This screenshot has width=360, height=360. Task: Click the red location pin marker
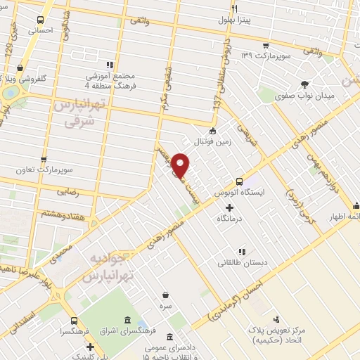(x=180, y=165)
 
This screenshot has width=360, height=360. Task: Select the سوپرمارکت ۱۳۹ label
(x=265, y=55)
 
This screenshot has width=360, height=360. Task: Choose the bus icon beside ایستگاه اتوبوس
(x=240, y=181)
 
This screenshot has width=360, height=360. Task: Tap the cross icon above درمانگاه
(x=230, y=207)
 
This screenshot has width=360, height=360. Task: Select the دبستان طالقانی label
(x=241, y=263)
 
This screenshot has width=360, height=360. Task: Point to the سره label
(x=165, y=307)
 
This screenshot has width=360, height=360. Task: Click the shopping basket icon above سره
(x=165, y=295)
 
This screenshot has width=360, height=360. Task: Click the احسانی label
(x=39, y=31)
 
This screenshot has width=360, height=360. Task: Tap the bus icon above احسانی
(x=39, y=20)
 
